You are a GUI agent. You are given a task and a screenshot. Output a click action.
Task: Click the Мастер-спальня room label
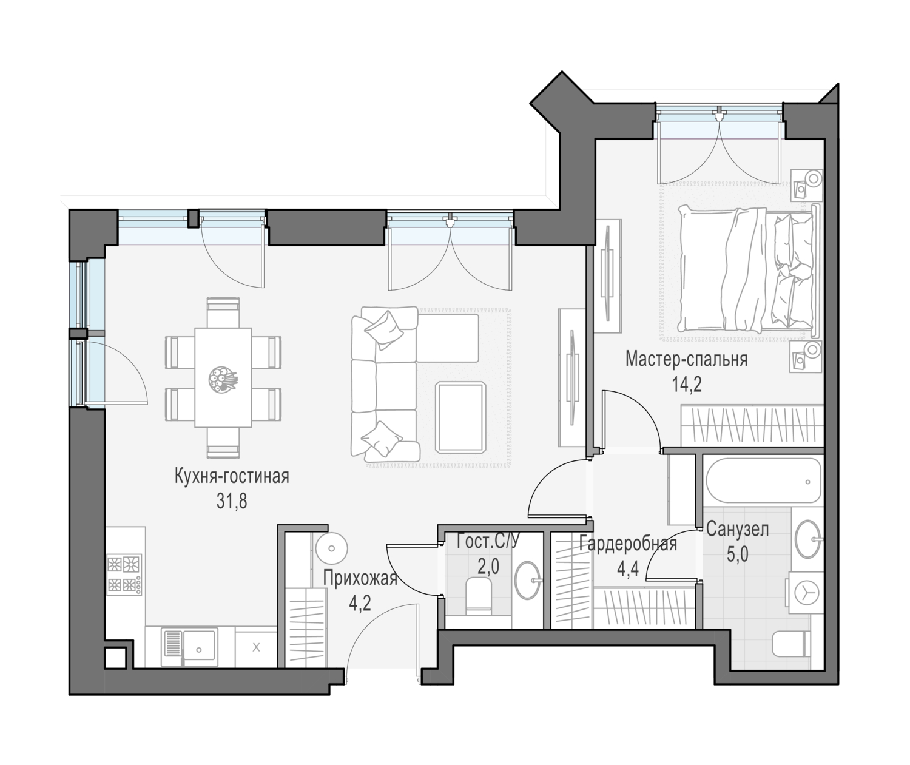point(686,360)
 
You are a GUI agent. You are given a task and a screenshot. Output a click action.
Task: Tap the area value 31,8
point(232,501)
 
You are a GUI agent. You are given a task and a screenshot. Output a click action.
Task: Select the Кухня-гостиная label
point(232,476)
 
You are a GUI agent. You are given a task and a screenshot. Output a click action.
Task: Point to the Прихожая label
point(360,579)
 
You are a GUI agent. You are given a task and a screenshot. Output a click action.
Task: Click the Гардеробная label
point(628,544)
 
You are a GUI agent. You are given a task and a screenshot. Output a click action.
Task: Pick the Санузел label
point(738,529)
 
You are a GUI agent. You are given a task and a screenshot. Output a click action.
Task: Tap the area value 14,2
point(687,385)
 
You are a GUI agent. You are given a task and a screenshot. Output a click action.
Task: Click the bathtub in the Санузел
point(764,482)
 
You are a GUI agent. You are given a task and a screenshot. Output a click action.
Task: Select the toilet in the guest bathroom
point(479,595)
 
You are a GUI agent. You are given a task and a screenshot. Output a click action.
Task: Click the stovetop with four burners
point(124,575)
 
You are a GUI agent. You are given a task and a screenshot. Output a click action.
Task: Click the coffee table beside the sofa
point(460,417)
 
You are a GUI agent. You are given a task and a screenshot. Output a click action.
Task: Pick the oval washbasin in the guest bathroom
point(528,580)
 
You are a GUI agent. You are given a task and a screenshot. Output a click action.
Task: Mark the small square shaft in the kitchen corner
point(115,658)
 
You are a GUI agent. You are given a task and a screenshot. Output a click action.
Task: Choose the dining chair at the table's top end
point(223,312)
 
